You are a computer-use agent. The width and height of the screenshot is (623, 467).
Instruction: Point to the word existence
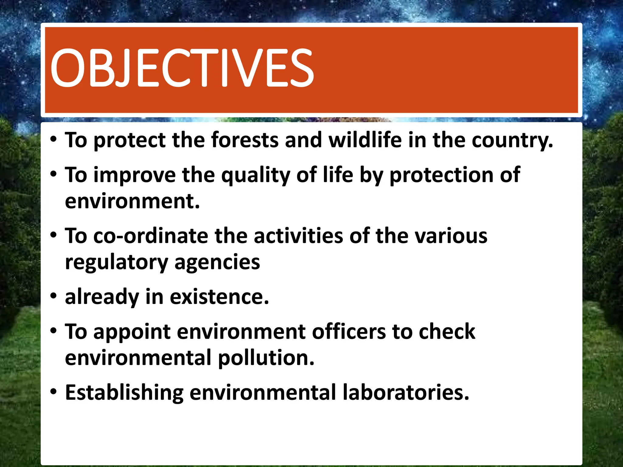tap(219, 297)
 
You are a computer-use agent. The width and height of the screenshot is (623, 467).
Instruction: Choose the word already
tap(102, 297)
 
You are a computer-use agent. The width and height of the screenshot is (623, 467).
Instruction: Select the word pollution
tap(266, 358)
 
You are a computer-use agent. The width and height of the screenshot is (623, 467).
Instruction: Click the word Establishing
tap(124, 393)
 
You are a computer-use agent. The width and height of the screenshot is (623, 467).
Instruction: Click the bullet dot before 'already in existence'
tap(54, 296)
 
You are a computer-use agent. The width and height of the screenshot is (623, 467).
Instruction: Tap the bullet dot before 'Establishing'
tap(54, 392)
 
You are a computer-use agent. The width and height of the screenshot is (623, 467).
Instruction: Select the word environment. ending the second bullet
tap(132, 202)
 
